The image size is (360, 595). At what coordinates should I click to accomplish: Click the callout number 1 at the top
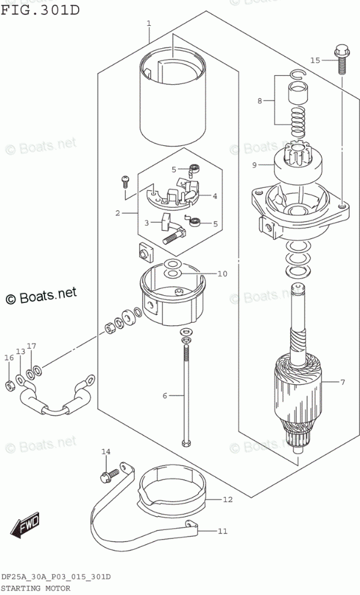[149, 23]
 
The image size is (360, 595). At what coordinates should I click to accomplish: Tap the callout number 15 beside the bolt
[315, 60]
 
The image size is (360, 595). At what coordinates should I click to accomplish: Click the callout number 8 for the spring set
[260, 101]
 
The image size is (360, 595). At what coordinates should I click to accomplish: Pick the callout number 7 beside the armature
[343, 382]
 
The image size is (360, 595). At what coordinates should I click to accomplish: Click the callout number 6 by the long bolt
[164, 396]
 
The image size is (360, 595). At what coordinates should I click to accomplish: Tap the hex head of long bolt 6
[187, 443]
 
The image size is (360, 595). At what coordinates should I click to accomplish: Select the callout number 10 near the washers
[222, 273]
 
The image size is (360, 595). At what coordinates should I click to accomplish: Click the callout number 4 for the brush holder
[215, 196]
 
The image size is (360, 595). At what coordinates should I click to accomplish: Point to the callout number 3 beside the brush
[147, 223]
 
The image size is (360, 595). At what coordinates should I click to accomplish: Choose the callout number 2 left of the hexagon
[117, 213]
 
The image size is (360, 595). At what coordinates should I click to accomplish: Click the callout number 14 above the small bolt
[106, 452]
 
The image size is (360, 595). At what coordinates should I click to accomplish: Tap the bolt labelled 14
[110, 475]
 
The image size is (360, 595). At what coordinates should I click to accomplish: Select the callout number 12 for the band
[228, 499]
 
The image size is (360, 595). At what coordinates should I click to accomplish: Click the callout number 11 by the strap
[223, 531]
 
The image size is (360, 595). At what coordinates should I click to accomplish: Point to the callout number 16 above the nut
[9, 358]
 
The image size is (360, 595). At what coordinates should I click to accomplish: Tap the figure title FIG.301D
[40, 10]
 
